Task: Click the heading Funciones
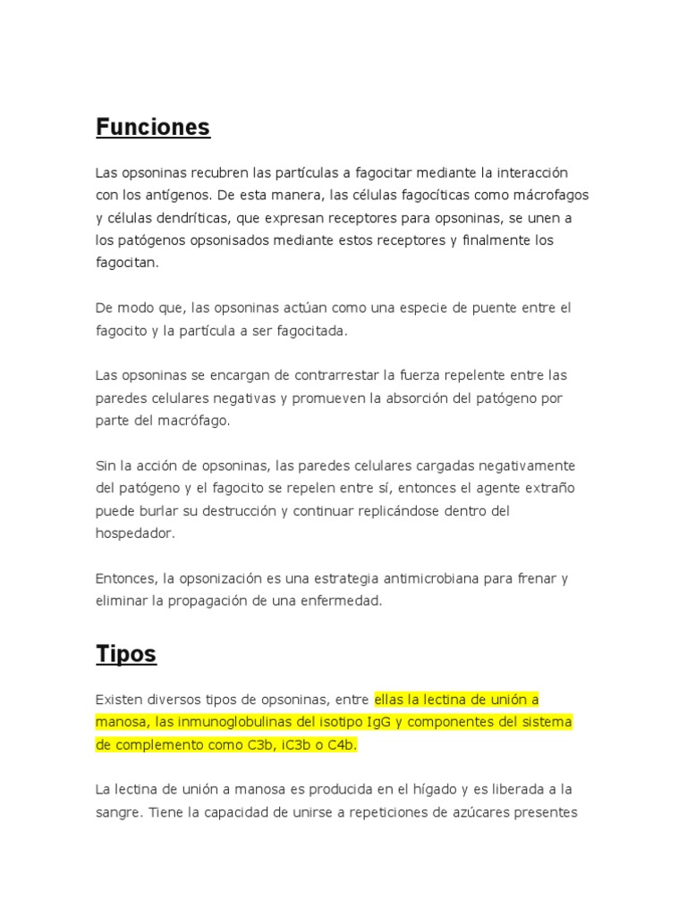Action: click(x=153, y=128)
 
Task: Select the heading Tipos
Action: click(x=126, y=654)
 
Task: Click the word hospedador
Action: click(x=135, y=533)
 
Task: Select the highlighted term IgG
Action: click(x=382, y=722)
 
